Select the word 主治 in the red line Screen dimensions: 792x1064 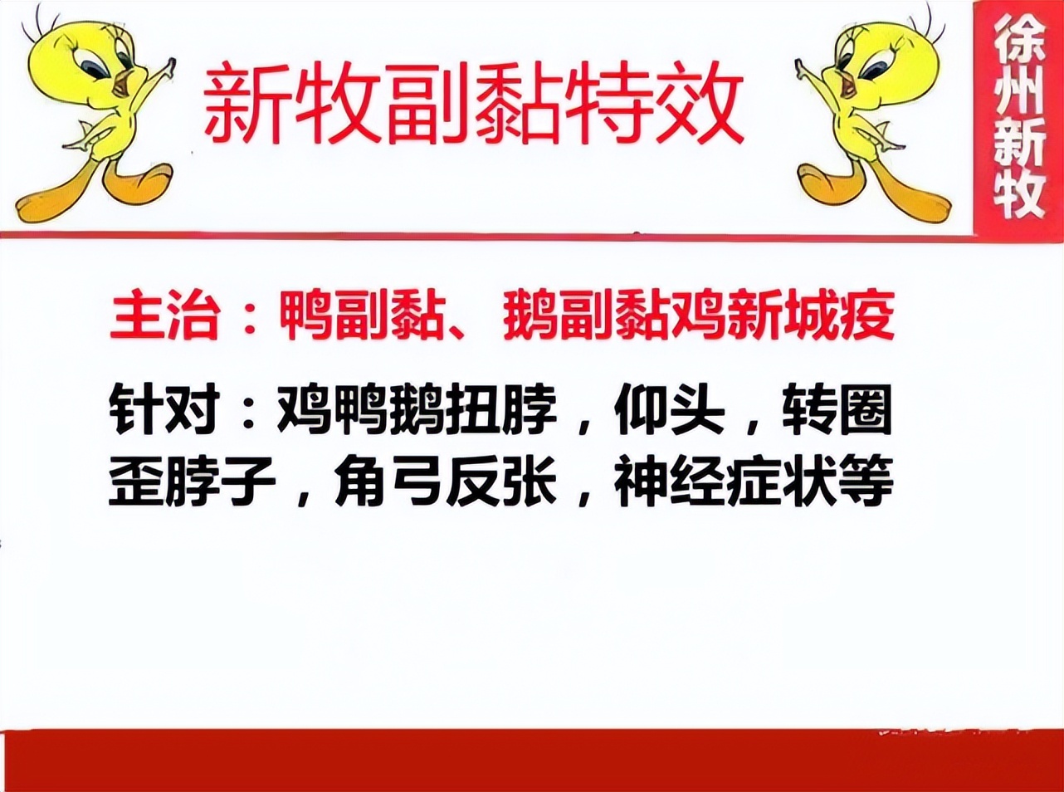(164, 315)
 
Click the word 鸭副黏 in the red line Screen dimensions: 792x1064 (361, 315)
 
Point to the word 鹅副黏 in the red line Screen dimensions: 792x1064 (585, 315)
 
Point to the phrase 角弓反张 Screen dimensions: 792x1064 (445, 481)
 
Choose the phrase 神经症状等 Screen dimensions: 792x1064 (754, 481)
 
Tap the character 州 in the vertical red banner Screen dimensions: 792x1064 (1018, 90)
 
